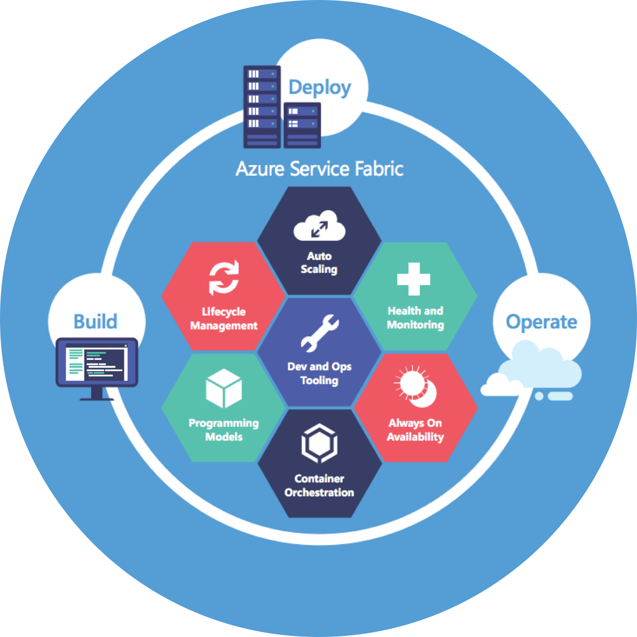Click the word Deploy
click(x=319, y=88)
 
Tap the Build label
click(x=95, y=321)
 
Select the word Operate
click(x=541, y=322)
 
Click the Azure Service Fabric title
click(x=319, y=169)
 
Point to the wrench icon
click(x=319, y=333)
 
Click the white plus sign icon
click(x=414, y=279)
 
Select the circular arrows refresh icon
click(x=224, y=278)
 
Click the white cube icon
click(x=224, y=388)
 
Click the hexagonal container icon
click(x=319, y=443)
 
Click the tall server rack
click(x=262, y=107)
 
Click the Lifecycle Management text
click(x=224, y=319)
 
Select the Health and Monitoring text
click(x=415, y=318)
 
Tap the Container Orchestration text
click(x=319, y=485)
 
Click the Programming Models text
click(x=224, y=430)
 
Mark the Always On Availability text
click(x=415, y=430)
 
